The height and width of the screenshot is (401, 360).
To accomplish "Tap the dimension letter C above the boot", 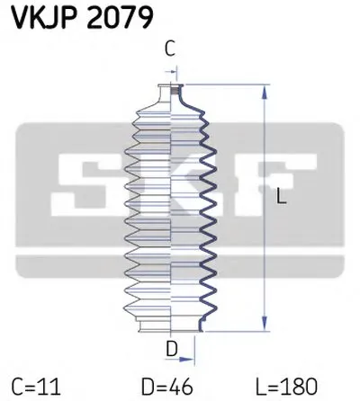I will pos(172,50).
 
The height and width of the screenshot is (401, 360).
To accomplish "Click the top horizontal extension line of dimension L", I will pos(225,86).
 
